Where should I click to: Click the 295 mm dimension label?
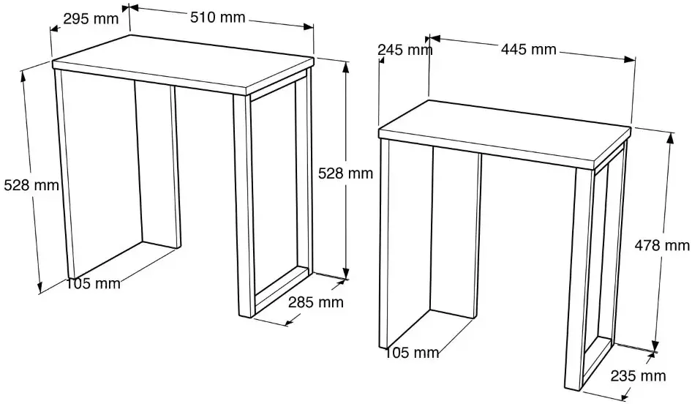pyautogui.click(x=91, y=19)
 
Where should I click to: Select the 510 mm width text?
pyautogui.click(x=217, y=18)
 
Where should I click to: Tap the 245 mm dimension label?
pyautogui.click(x=405, y=50)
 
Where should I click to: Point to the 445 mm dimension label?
pyautogui.click(x=529, y=49)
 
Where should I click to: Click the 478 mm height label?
pyautogui.click(x=662, y=244)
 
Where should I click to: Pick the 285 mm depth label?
pyautogui.click(x=316, y=302)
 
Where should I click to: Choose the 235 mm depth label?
pyautogui.click(x=638, y=375)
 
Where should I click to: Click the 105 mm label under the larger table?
pyautogui.click(x=93, y=283)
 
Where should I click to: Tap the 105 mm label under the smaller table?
pyautogui.click(x=412, y=353)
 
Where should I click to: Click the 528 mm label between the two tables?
pyautogui.click(x=345, y=173)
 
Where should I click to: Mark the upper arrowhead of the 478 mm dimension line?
pyautogui.click(x=670, y=138)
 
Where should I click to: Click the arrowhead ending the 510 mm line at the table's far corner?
pyautogui.click(x=307, y=26)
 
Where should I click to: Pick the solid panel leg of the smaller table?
pyautogui.click(x=454, y=234)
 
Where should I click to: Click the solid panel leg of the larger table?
pyautogui.click(x=157, y=165)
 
